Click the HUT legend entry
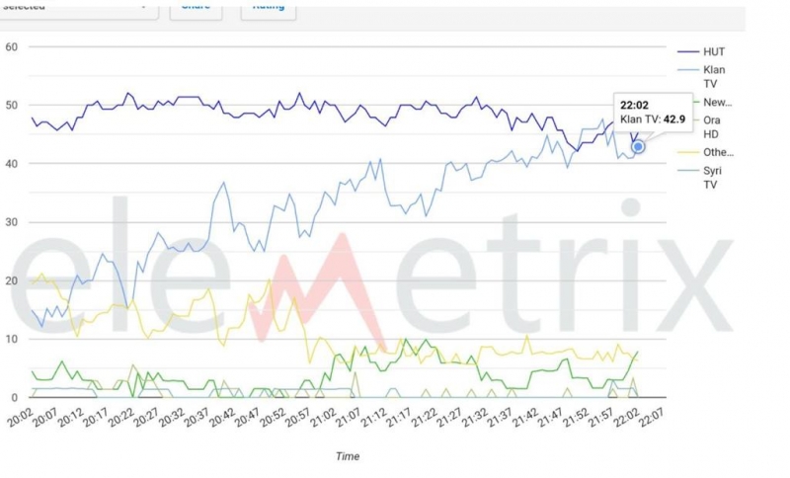tap(713, 51)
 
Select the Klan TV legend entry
tap(713, 78)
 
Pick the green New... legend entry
tap(717, 103)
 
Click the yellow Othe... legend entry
tap(718, 152)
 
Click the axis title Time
tap(347, 456)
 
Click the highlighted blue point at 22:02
tap(639, 146)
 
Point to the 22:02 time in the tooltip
tap(635, 103)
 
